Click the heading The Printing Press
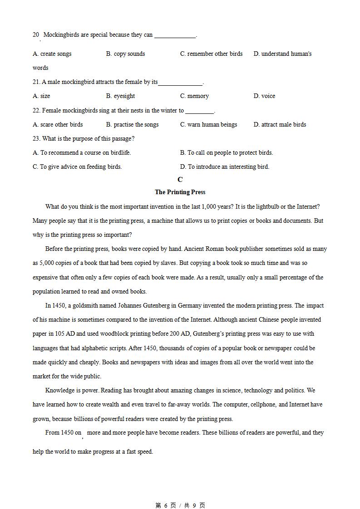tap(180, 192)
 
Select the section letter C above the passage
tap(180, 180)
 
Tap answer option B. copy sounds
tap(125, 54)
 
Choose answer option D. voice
tap(264, 96)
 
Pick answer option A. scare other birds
tap(58, 124)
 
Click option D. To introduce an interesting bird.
tap(225, 166)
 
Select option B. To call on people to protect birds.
tap(227, 152)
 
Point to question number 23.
tap(36, 138)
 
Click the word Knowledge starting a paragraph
tap(60, 390)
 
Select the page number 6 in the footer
tap(166, 505)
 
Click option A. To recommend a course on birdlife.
tap(82, 152)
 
